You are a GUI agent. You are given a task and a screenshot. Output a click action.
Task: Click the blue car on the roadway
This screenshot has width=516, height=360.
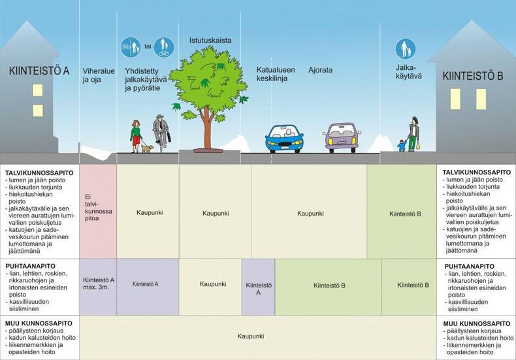tap(284, 139)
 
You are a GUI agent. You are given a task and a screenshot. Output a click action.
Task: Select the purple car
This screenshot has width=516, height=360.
tap(342, 137)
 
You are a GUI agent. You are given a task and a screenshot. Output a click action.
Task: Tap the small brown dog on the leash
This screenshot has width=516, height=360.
tap(148, 149)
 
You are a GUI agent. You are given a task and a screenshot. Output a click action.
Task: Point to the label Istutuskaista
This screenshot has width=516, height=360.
tap(210, 41)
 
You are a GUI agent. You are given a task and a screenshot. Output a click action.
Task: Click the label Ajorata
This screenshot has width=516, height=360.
tap(320, 70)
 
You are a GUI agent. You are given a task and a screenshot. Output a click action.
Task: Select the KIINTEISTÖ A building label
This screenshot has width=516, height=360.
tap(39, 71)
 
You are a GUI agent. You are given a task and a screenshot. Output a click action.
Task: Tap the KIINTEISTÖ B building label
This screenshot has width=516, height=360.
tap(472, 76)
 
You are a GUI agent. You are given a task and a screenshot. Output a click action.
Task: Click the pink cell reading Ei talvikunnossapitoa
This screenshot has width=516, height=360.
tap(98, 211)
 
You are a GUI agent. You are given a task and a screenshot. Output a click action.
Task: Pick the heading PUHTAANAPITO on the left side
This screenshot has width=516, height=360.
tap(30, 266)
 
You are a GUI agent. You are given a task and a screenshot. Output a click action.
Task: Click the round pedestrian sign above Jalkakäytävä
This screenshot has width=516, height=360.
tap(406, 50)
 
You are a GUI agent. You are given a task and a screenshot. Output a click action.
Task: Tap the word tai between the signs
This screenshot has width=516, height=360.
tap(148, 46)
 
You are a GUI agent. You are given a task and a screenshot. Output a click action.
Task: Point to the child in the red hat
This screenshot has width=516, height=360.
tap(402, 146)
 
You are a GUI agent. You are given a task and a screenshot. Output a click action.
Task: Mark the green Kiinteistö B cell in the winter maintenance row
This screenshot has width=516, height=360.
tap(402, 211)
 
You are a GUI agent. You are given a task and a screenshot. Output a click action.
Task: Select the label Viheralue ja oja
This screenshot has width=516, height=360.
tap(99, 75)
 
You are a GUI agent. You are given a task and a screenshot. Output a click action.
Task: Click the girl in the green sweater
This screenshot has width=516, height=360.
tap(136, 137)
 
